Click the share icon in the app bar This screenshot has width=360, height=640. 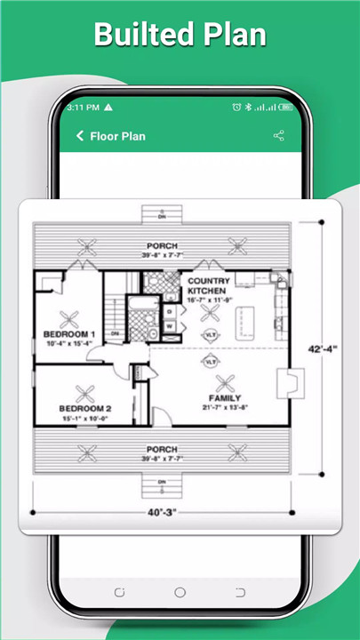[278, 136]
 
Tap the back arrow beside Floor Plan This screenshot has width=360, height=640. [80, 136]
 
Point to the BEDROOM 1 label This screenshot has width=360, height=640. [69, 334]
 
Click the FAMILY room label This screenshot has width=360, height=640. [225, 397]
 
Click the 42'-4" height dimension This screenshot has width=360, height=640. [321, 349]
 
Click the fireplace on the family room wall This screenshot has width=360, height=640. [286, 383]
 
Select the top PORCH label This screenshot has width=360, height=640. [163, 245]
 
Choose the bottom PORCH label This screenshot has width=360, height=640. [163, 449]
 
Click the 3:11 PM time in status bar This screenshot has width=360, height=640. [83, 107]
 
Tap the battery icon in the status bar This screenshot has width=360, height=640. [285, 107]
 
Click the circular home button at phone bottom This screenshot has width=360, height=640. [180, 591]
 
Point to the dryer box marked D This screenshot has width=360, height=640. [169, 312]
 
